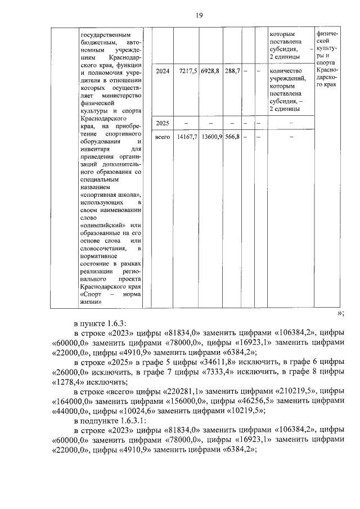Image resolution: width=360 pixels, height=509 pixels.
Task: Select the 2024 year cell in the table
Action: coord(162,71)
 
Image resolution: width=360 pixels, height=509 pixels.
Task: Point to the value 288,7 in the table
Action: coord(232,71)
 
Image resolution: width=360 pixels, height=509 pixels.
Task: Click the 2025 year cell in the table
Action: coord(162,123)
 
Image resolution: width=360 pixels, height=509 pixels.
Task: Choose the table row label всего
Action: coord(162,136)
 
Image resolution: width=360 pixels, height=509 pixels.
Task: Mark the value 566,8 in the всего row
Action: coord(231,136)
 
